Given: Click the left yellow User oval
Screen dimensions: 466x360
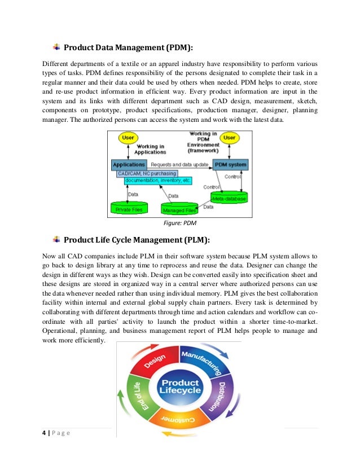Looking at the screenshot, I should point(128,137).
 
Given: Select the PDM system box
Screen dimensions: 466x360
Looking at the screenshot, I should point(230,165).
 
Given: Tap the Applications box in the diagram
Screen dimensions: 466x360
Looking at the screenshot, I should point(129,165).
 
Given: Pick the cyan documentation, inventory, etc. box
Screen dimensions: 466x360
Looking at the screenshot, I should point(154,181).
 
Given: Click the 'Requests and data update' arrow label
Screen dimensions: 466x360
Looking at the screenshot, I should point(179,164).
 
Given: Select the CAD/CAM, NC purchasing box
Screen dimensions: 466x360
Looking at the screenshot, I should point(147,173).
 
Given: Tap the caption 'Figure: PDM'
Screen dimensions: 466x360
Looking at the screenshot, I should point(180,223).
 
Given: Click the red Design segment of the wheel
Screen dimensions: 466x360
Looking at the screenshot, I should point(153,365).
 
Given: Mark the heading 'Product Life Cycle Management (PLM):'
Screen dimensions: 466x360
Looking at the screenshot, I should point(137,240).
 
